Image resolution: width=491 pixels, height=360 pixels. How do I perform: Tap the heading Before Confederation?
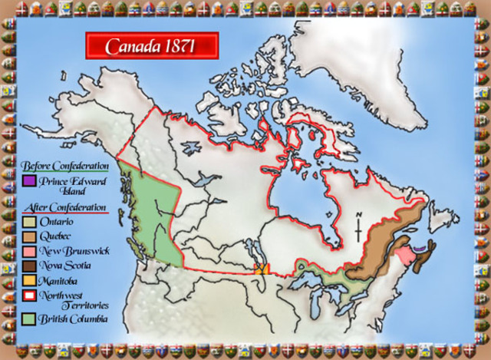coord(65,166)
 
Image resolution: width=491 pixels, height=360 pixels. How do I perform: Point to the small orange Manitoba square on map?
coord(261,269)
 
